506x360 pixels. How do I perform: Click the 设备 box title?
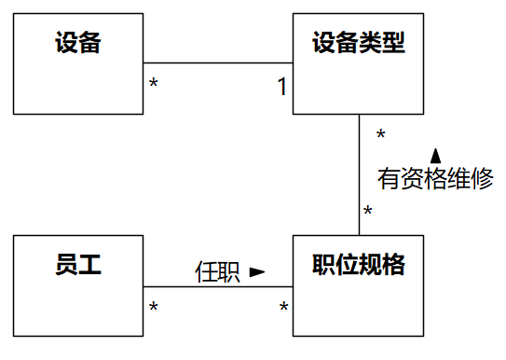[x=78, y=43]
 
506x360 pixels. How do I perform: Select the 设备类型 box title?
[x=359, y=43]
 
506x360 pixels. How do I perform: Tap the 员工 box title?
[x=78, y=265]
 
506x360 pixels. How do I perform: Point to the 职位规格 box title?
[x=359, y=265]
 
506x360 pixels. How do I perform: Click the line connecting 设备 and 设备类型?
[x=218, y=63]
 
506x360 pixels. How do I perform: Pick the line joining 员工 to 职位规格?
[x=218, y=286]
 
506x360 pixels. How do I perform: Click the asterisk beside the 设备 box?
[x=154, y=86]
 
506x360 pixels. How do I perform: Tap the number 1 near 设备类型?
[x=281, y=87]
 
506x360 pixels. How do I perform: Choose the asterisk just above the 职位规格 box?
[x=368, y=213]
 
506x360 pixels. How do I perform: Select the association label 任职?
[x=217, y=271]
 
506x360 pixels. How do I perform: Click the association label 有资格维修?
[x=435, y=179]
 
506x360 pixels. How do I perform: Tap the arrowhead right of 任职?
[x=257, y=272]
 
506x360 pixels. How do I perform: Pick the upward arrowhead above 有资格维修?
[x=435, y=155]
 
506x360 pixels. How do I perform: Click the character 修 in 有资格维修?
[x=482, y=179]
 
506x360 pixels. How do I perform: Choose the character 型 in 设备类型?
[x=393, y=43]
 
